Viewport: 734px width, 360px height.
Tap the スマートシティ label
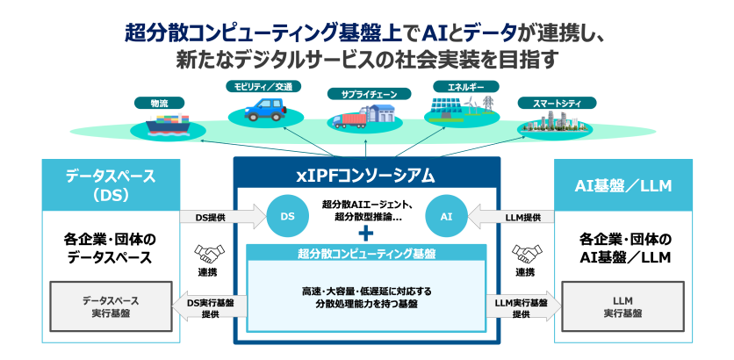coord(550,103)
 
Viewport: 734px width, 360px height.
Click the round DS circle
coord(287,215)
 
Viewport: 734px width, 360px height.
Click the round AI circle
coord(445,215)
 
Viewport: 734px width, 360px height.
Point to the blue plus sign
coord(366,234)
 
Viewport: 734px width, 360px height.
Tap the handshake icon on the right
coord(525,254)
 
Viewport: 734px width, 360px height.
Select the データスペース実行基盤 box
coord(110,306)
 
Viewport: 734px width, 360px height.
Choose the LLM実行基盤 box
coord(622,306)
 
